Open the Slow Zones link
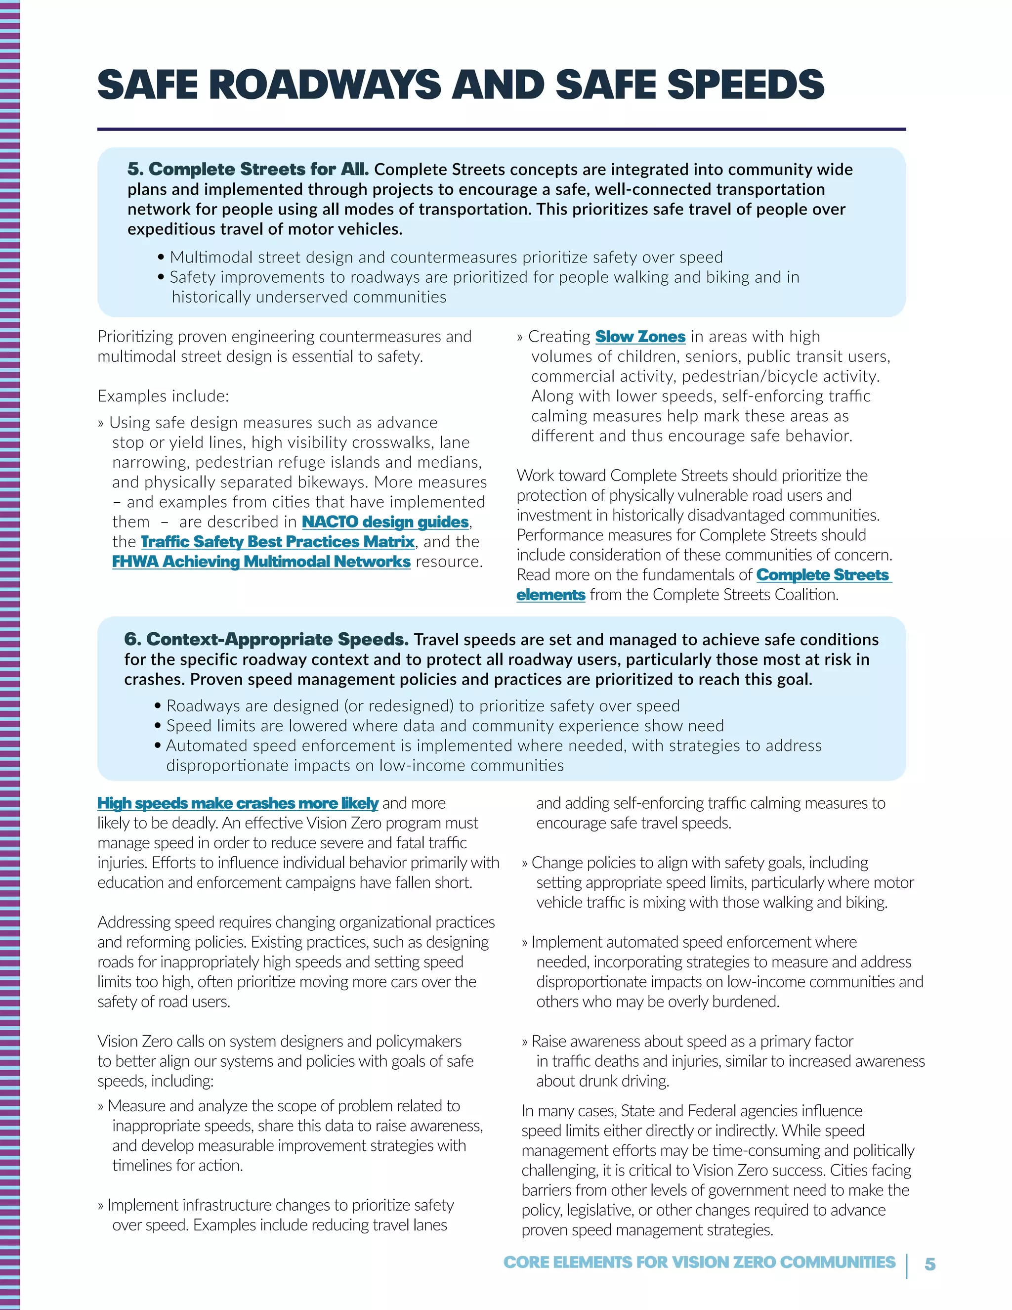(640, 337)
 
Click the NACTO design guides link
(385, 522)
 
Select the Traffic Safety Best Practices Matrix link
(278, 542)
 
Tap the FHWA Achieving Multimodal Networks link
(261, 562)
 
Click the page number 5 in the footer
(930, 1264)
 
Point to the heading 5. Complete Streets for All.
(248, 169)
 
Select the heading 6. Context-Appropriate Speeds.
(266, 639)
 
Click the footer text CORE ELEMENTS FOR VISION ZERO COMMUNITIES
(699, 1262)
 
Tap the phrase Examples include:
(163, 396)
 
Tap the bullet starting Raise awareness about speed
(692, 1041)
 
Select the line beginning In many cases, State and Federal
(692, 1111)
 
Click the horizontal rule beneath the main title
(501, 129)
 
